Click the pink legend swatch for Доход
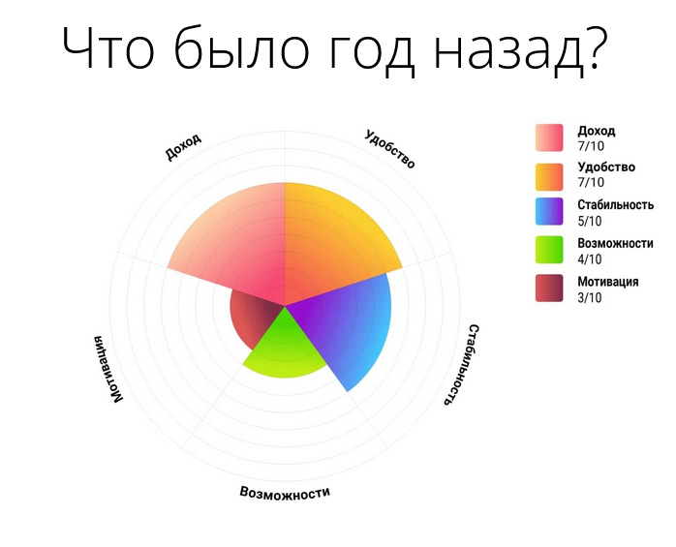549,137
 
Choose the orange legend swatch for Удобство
549,177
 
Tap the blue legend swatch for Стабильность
549,211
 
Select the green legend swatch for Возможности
549,250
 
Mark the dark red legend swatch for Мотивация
549,288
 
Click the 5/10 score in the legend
590,221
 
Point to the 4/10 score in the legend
590,259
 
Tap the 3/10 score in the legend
590,298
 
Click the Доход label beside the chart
183,146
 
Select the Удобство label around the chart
389,149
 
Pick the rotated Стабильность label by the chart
461,365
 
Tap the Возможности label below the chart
285,492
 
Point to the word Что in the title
108,47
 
